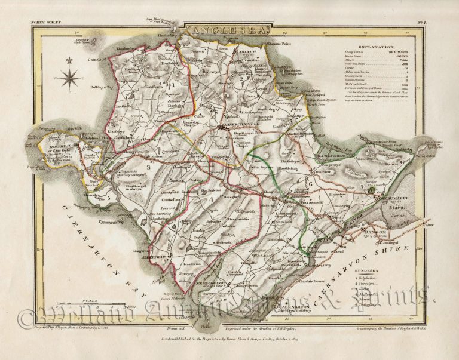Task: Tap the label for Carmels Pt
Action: point(80,61)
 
